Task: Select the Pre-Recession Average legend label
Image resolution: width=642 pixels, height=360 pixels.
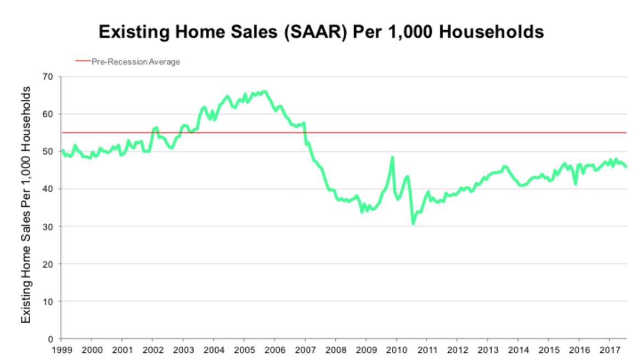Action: pos(136,62)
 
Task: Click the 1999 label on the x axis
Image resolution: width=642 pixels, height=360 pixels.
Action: pos(61,350)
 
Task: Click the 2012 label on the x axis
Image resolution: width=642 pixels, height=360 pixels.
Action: pos(458,350)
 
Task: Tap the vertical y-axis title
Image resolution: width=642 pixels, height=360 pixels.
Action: pos(25,207)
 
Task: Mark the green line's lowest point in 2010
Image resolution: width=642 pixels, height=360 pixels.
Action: pos(413,224)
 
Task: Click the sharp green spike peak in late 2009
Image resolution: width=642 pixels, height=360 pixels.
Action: pos(392,157)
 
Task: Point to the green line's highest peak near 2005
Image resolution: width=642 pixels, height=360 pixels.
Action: pos(264,91)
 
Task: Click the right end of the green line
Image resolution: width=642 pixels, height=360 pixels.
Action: pos(626,166)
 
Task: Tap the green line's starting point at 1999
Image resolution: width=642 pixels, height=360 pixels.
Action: pos(61,150)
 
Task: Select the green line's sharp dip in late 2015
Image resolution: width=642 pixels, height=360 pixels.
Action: pos(575,184)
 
